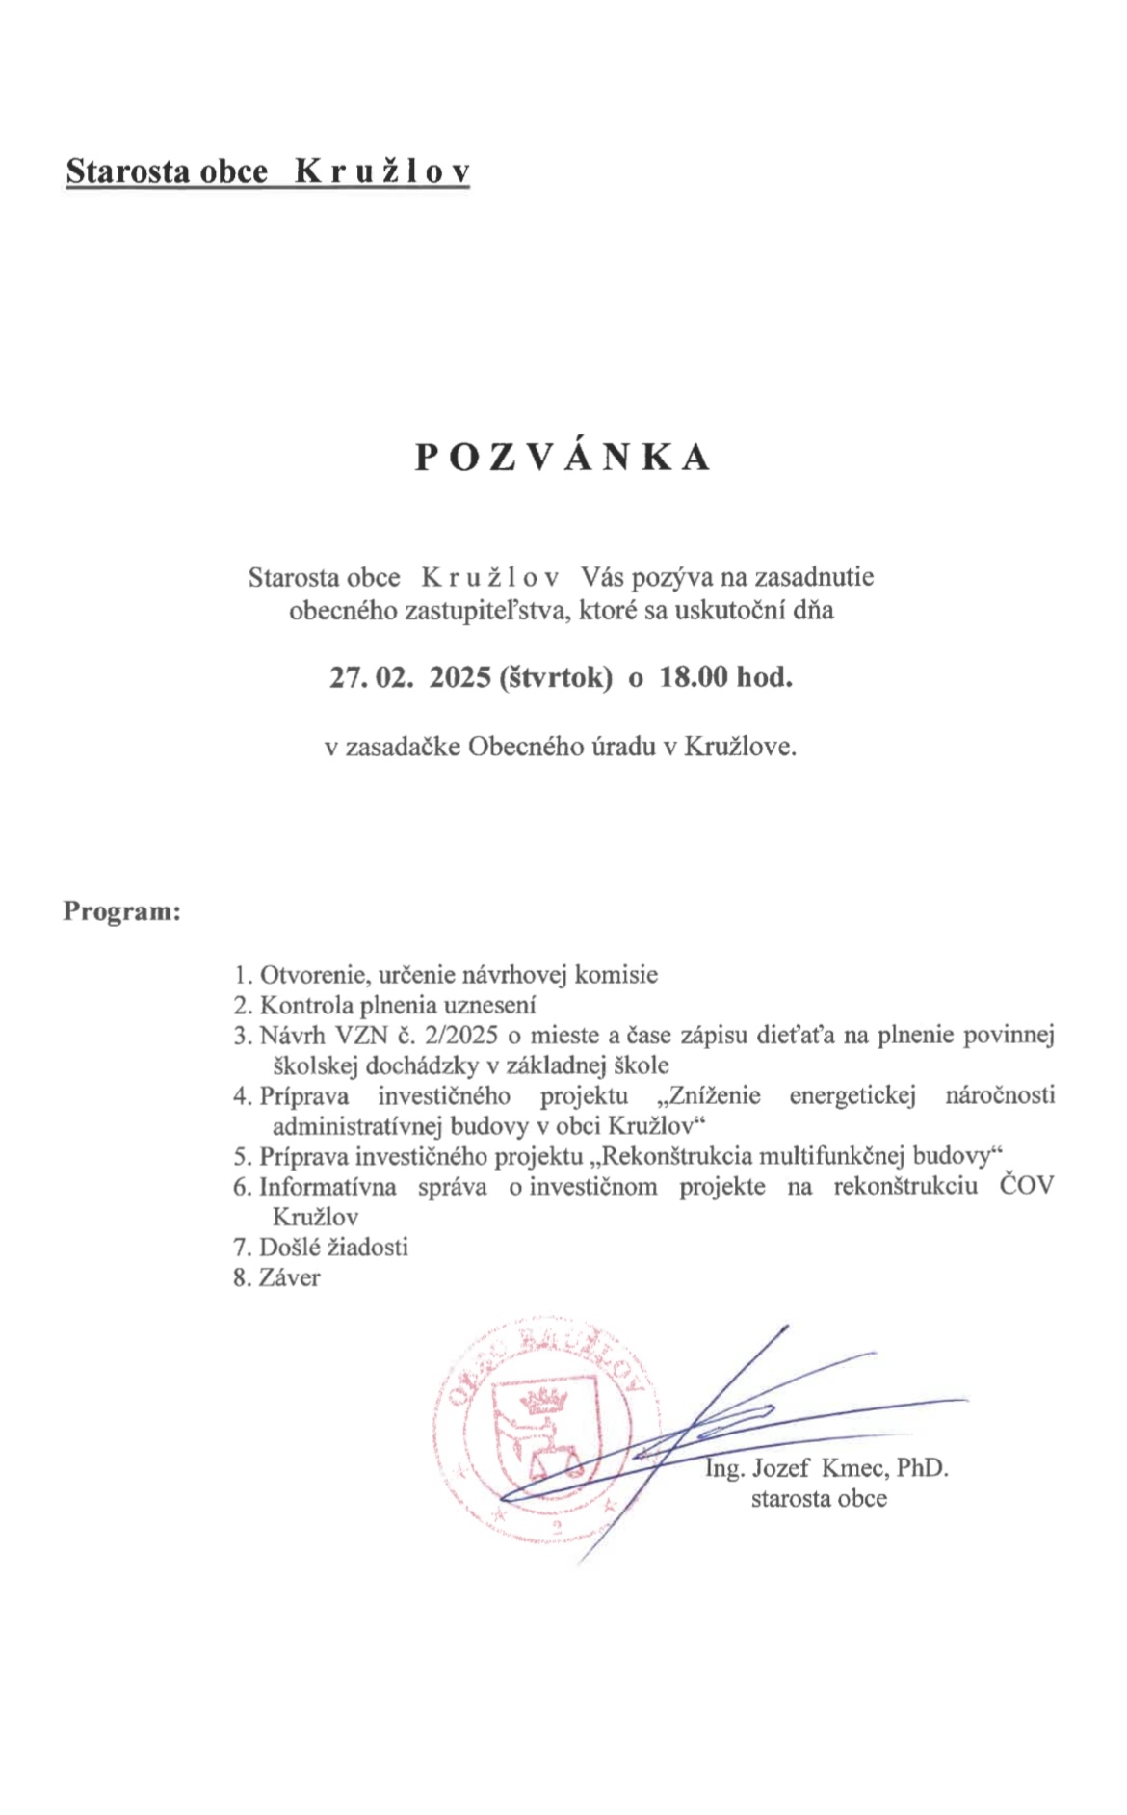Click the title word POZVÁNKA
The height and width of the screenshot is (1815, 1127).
563,458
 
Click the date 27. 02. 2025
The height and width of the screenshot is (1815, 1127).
410,677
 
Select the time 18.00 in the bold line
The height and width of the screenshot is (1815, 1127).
693,677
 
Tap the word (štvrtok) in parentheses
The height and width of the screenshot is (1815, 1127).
556,677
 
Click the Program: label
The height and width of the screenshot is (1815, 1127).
122,910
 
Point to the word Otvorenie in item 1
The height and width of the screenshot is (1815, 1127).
312,974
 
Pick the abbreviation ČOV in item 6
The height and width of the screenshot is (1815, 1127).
1027,1186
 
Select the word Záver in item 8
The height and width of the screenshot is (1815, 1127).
290,1277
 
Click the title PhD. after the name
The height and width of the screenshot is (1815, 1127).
923,1468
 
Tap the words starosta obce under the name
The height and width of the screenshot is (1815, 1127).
819,1498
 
